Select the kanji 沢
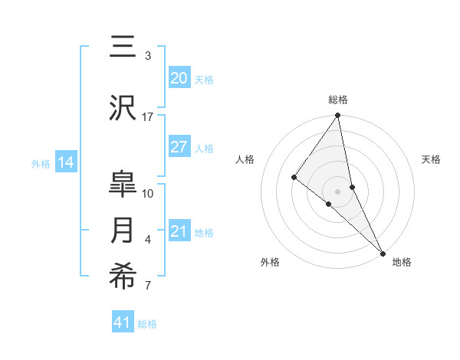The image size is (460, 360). [123, 109]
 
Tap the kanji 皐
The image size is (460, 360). [123, 185]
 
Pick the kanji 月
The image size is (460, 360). [123, 231]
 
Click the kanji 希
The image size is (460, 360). [123, 278]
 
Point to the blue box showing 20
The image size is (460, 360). [179, 78]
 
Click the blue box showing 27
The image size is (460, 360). [179, 147]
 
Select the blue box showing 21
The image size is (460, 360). [179, 232]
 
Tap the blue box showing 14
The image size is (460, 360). [66, 162]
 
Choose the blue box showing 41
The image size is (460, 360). [123, 322]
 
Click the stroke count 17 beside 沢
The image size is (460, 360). [148, 117]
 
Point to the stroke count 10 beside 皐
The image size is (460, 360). [148, 193]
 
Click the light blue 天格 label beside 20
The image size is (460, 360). [204, 79]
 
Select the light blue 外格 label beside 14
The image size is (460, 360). [41, 163]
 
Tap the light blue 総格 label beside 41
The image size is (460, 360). [147, 324]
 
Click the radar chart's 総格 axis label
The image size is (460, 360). [338, 100]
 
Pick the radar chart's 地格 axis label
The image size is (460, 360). [402, 263]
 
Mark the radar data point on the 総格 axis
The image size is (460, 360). [338, 116]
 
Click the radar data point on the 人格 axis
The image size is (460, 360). [294, 177]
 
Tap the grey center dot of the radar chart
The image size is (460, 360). [338, 191]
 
